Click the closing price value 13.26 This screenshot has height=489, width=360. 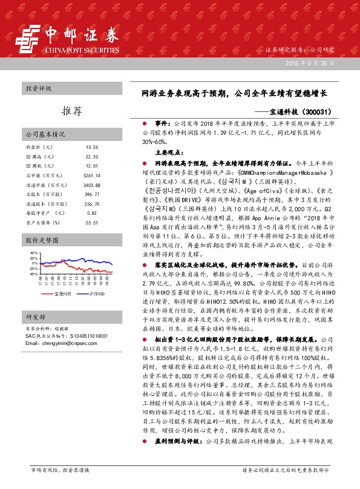(x=92, y=147)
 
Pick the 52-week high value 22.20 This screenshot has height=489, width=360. (x=92, y=156)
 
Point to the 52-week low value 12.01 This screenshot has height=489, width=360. (x=92, y=165)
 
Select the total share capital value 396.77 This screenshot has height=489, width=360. (x=91, y=194)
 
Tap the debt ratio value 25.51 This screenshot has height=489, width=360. (x=92, y=223)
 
